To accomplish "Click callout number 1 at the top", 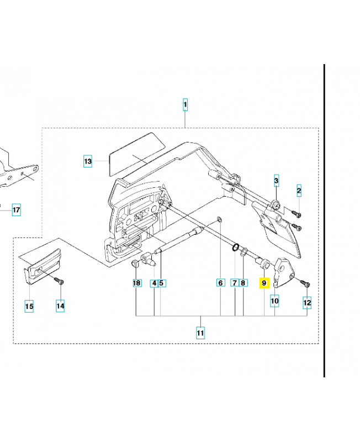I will (x=185, y=104).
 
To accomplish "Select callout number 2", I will (x=299, y=191).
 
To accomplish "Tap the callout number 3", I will (x=277, y=180).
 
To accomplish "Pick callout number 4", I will (x=154, y=283).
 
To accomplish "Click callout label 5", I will (x=161, y=283).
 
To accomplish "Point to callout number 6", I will (x=220, y=283).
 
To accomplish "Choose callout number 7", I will (x=235, y=283).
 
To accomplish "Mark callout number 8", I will (x=243, y=283).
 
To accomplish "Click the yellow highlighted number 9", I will (x=264, y=283).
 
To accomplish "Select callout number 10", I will (x=274, y=301).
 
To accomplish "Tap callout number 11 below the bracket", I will (x=200, y=333).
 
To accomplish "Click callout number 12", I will (x=307, y=302).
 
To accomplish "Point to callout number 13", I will (x=88, y=161).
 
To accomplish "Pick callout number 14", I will (x=60, y=306).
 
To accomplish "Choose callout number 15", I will (x=29, y=306).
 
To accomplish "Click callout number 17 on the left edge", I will (x=16, y=210).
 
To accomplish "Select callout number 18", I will (x=136, y=283).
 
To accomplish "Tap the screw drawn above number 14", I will (x=59, y=281).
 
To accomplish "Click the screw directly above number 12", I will (x=305, y=283).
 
